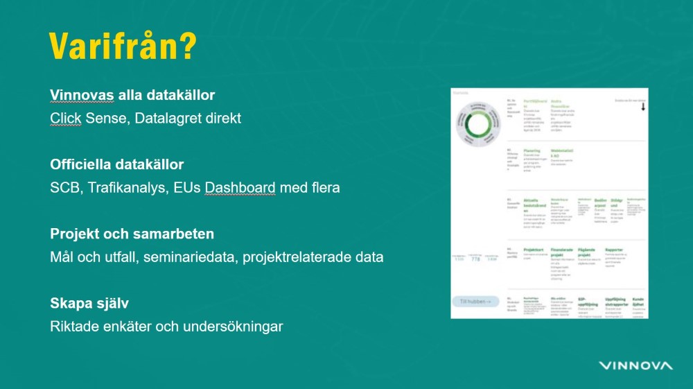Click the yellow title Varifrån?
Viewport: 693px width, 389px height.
(x=123, y=47)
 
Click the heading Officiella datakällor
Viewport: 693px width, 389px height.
(x=116, y=165)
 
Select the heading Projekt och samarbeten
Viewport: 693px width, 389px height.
(x=132, y=234)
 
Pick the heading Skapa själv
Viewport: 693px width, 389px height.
(x=89, y=303)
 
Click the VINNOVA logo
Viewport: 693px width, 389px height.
(x=635, y=365)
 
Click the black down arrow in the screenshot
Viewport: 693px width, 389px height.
(x=642, y=107)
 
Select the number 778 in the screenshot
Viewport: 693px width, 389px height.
(x=475, y=259)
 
